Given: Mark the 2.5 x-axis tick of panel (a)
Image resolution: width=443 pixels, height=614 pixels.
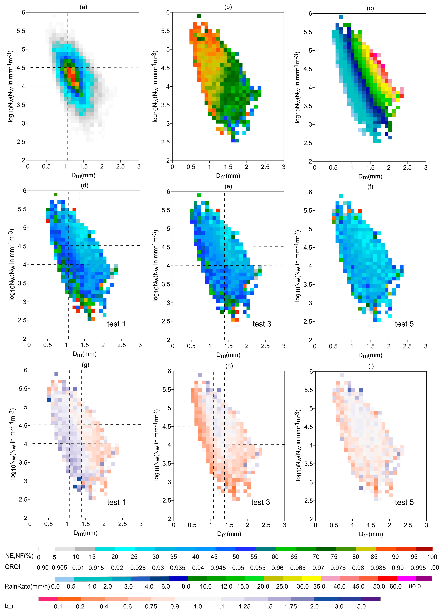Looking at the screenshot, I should [x=120, y=166].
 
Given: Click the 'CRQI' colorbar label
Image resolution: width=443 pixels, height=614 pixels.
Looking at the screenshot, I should [x=13, y=567].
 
